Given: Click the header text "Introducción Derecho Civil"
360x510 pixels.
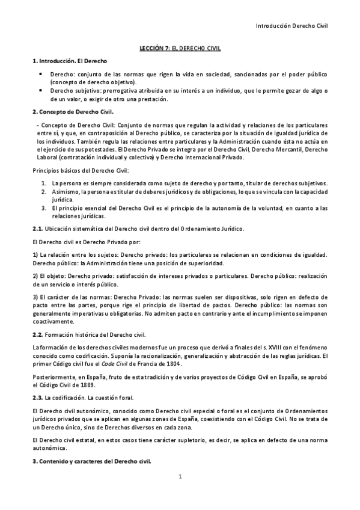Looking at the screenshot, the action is [x=291, y=26].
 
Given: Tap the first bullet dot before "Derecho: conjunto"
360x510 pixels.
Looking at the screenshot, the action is [x=39, y=73].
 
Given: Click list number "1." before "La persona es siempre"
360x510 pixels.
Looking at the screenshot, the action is [x=44, y=183].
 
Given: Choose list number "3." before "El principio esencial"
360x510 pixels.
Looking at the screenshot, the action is [x=44, y=207].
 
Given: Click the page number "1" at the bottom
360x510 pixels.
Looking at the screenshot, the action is [x=180, y=477].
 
